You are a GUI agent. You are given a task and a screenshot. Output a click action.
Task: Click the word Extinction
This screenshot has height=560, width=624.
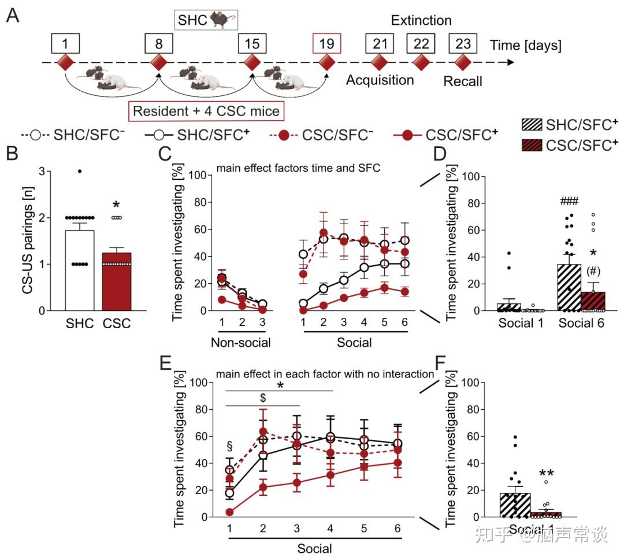pyautogui.click(x=421, y=21)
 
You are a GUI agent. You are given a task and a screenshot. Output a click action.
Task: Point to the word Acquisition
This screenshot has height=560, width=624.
pyautogui.click(x=380, y=80)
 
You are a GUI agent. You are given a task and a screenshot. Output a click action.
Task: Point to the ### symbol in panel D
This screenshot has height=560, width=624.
pyautogui.click(x=569, y=202)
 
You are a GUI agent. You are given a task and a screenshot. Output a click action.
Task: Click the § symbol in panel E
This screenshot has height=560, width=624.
pyautogui.click(x=229, y=446)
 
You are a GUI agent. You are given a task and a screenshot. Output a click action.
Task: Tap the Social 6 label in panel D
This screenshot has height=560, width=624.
pyautogui.click(x=582, y=322)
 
